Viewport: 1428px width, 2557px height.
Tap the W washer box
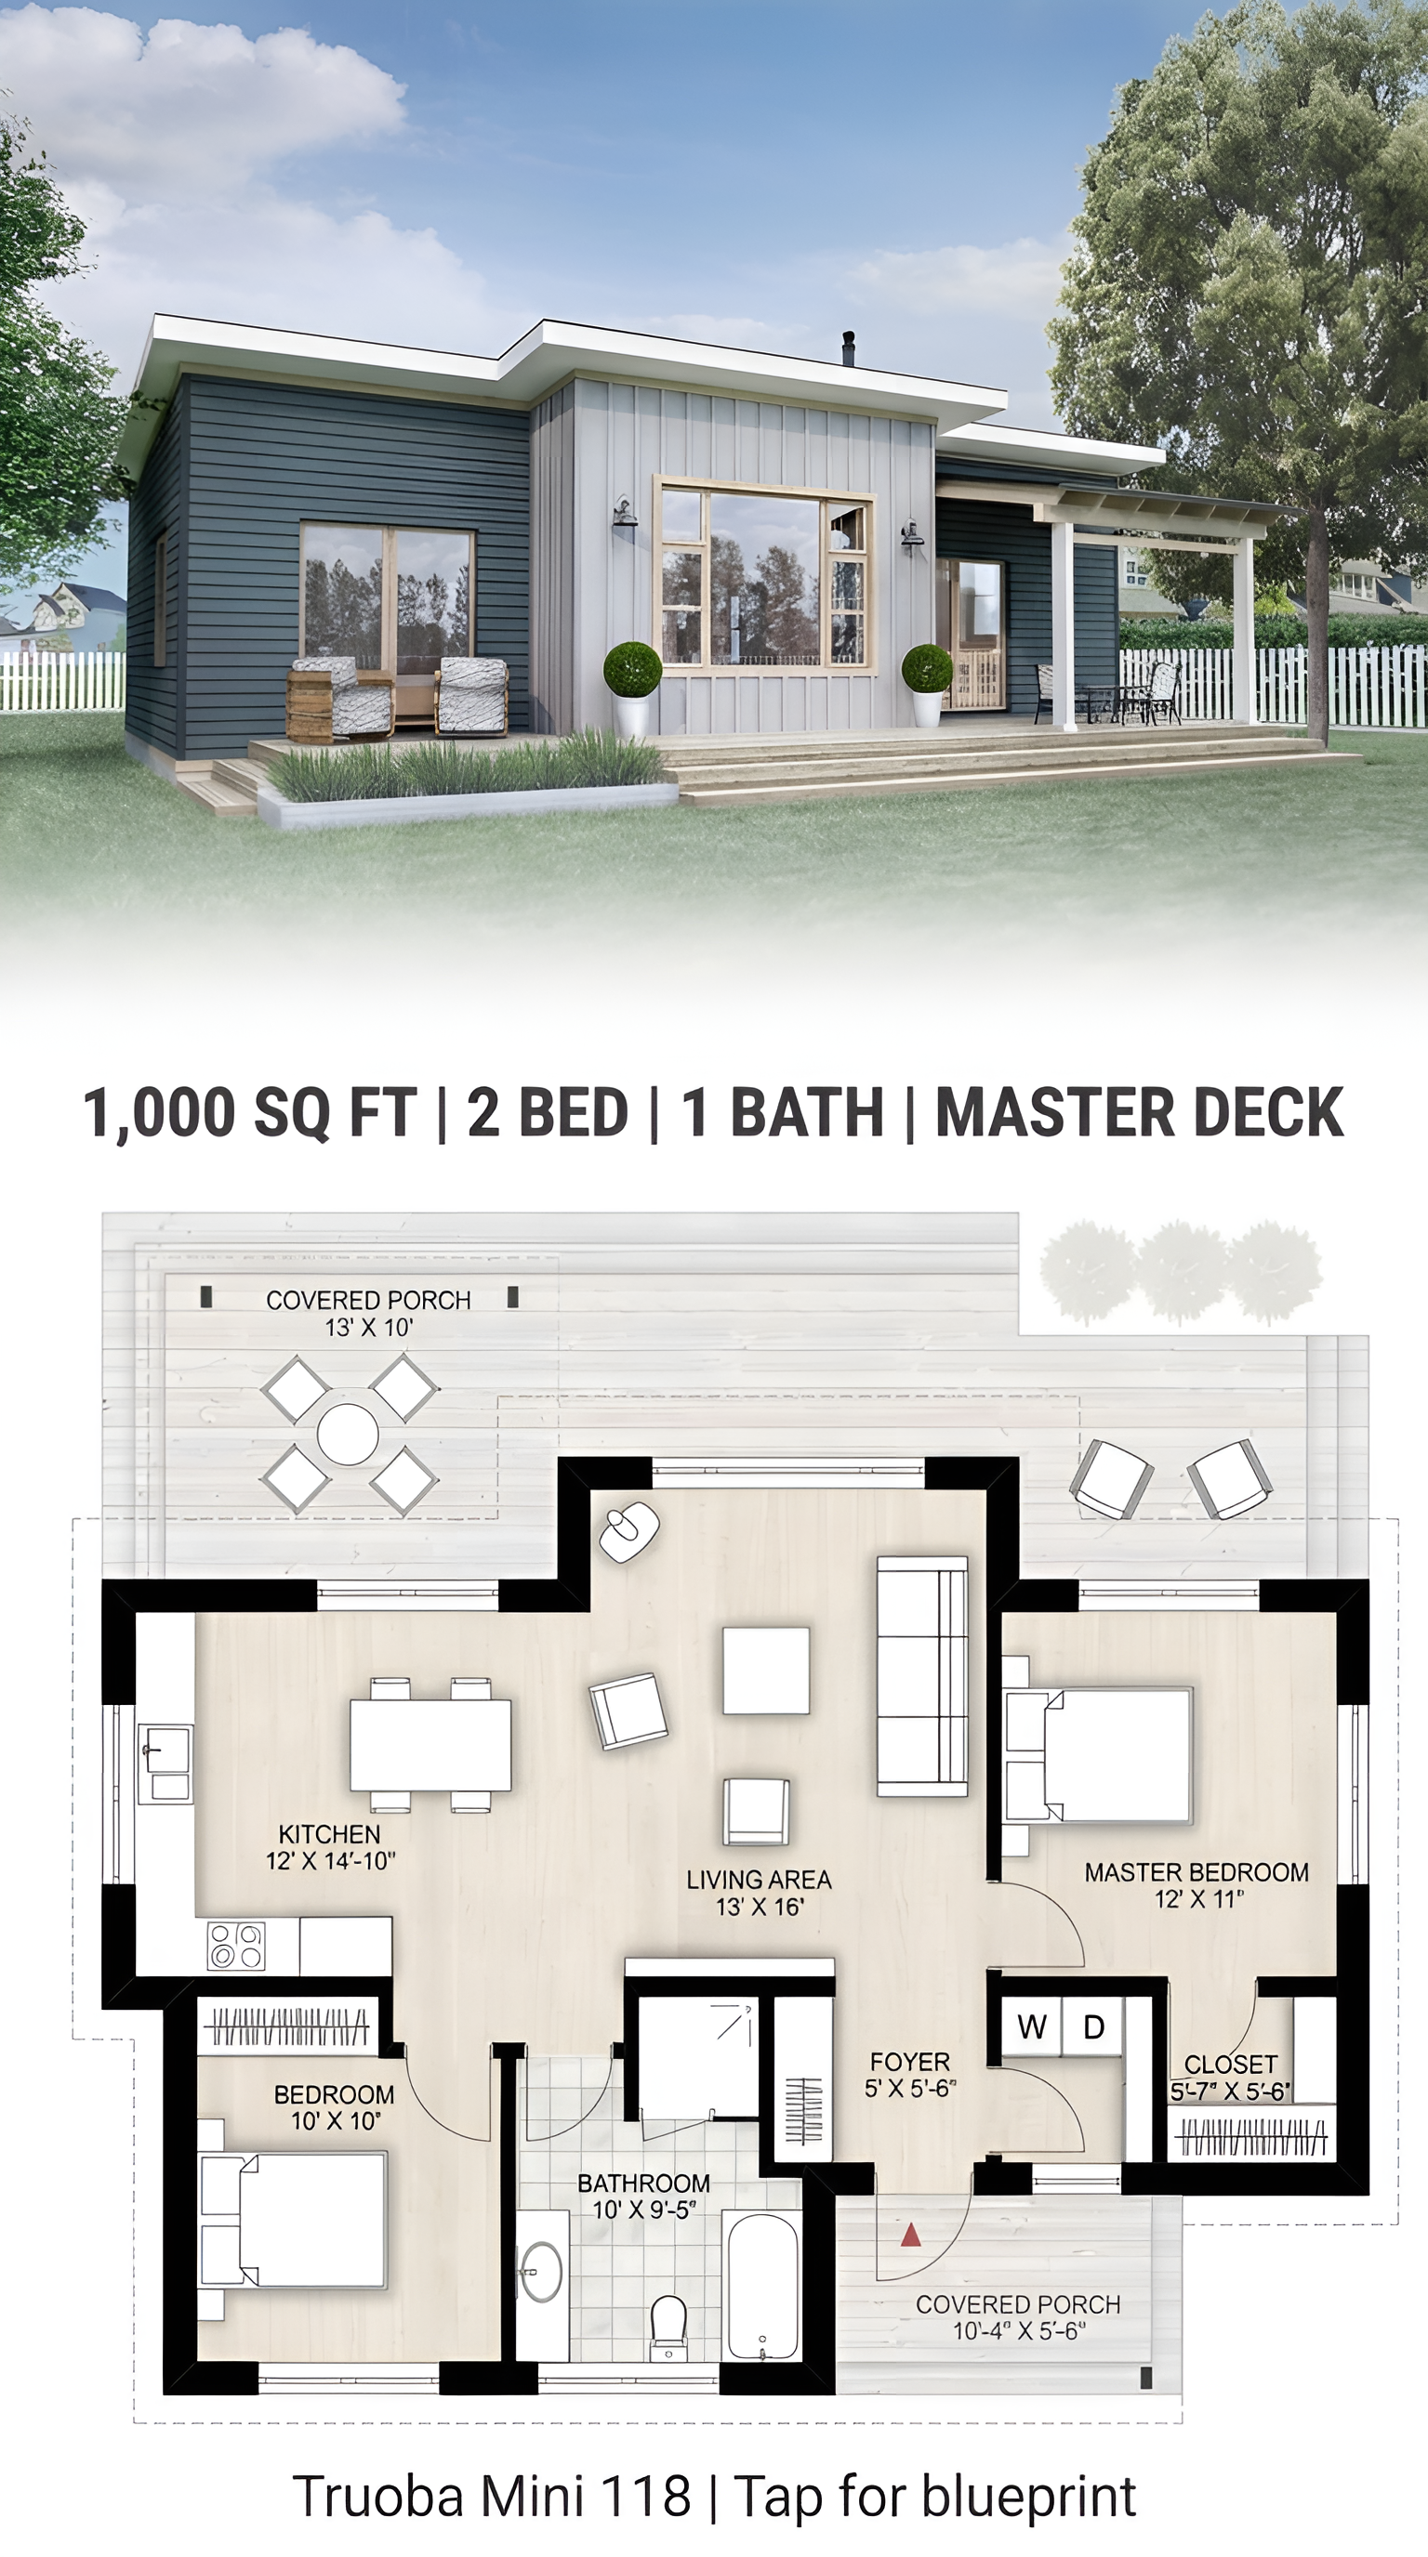tap(1032, 2027)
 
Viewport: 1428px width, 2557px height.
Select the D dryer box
tap(1093, 2027)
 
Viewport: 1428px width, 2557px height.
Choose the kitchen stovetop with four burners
tap(236, 1946)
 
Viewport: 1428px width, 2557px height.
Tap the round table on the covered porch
tap(348, 1434)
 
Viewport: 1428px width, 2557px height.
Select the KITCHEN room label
tap(329, 1834)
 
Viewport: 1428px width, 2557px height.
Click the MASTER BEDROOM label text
tap(1197, 1872)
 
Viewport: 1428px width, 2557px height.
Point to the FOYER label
tap(909, 2062)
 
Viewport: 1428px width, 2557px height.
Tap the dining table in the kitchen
tap(431, 1744)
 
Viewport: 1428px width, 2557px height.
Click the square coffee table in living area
tap(766, 1671)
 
